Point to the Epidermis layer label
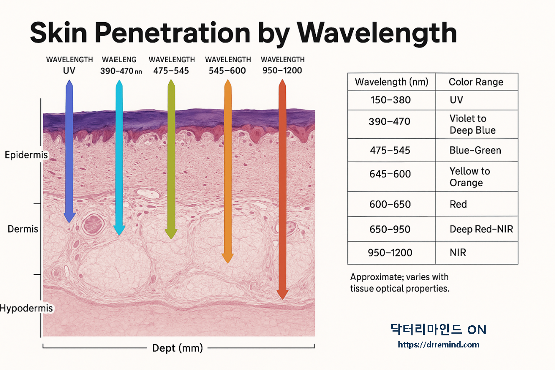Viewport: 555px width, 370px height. pos(26,155)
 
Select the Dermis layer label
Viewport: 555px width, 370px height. pos(23,229)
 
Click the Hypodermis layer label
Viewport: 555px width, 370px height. pos(26,309)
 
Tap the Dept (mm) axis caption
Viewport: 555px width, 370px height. pos(177,348)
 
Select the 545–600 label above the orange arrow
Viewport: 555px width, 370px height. pos(228,71)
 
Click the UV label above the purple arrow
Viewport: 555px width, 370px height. pos(69,71)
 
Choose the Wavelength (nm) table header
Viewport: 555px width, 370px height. pos(391,82)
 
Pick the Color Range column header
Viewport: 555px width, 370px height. pos(476,82)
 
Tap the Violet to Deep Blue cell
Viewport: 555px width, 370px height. pos(472,124)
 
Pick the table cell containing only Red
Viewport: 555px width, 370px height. pos(458,205)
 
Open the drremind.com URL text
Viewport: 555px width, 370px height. pos(438,345)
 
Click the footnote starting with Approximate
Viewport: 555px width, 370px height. pos(400,283)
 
